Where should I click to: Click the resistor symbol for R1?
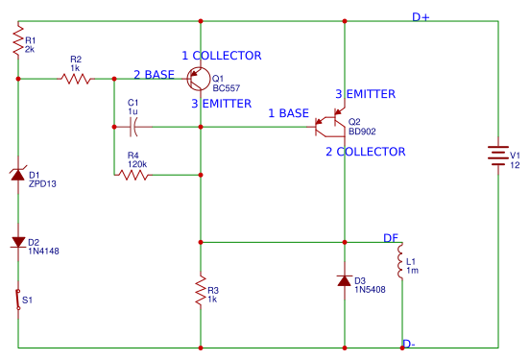(17, 42)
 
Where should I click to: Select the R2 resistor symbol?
(76, 79)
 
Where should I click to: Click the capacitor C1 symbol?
(133, 126)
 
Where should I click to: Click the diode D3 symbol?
(344, 280)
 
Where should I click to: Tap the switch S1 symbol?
(17, 300)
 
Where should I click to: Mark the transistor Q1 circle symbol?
(199, 79)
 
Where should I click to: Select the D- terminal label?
(408, 344)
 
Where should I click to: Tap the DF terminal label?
(391, 237)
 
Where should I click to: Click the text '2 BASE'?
(155, 75)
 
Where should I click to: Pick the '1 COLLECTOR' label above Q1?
(221, 57)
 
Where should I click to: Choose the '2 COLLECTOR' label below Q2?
(365, 152)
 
